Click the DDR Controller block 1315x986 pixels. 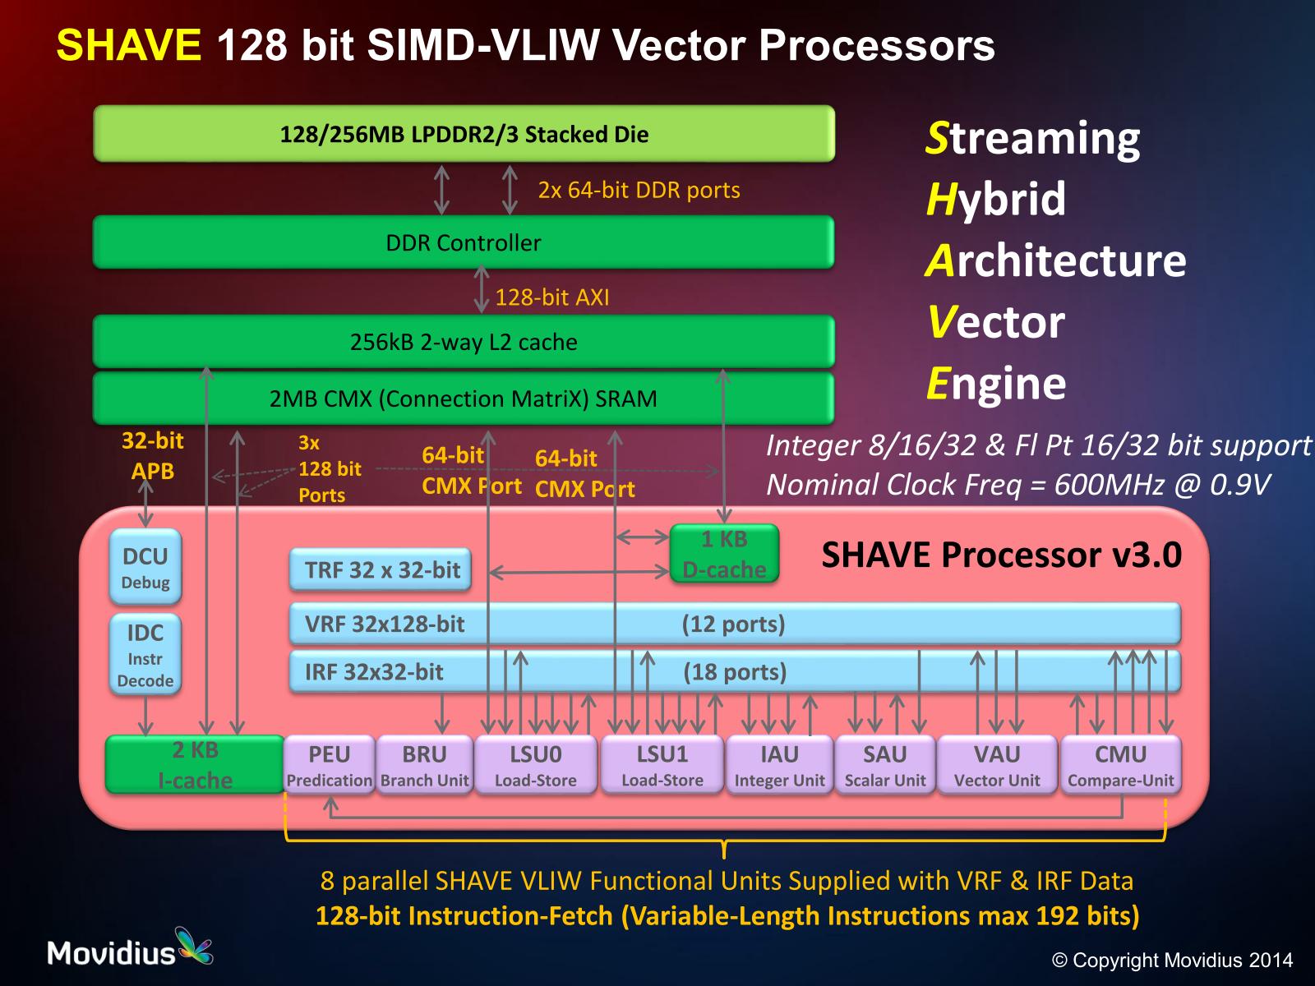pos(464,242)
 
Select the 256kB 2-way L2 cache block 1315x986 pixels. pos(464,342)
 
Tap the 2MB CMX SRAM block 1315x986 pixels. pos(464,399)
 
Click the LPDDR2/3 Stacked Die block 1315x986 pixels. pos(464,134)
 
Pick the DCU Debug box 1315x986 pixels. pos(145,567)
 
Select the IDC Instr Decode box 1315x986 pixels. pos(145,655)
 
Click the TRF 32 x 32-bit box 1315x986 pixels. pos(381,569)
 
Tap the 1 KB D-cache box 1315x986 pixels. pos(724,554)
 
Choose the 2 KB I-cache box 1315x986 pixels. pos(195,764)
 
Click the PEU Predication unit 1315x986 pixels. pos(329,765)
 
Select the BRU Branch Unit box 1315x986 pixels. pos(424,765)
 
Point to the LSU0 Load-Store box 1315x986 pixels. pos(536,765)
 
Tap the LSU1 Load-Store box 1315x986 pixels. pos(662,765)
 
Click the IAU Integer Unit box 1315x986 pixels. pos(779,765)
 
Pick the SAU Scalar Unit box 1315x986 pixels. pos(885,765)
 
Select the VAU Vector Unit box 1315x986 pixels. pos(997,765)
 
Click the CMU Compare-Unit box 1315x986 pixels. pos(1121,765)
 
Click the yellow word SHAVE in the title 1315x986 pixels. pos(129,45)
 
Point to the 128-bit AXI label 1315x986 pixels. pos(552,297)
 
